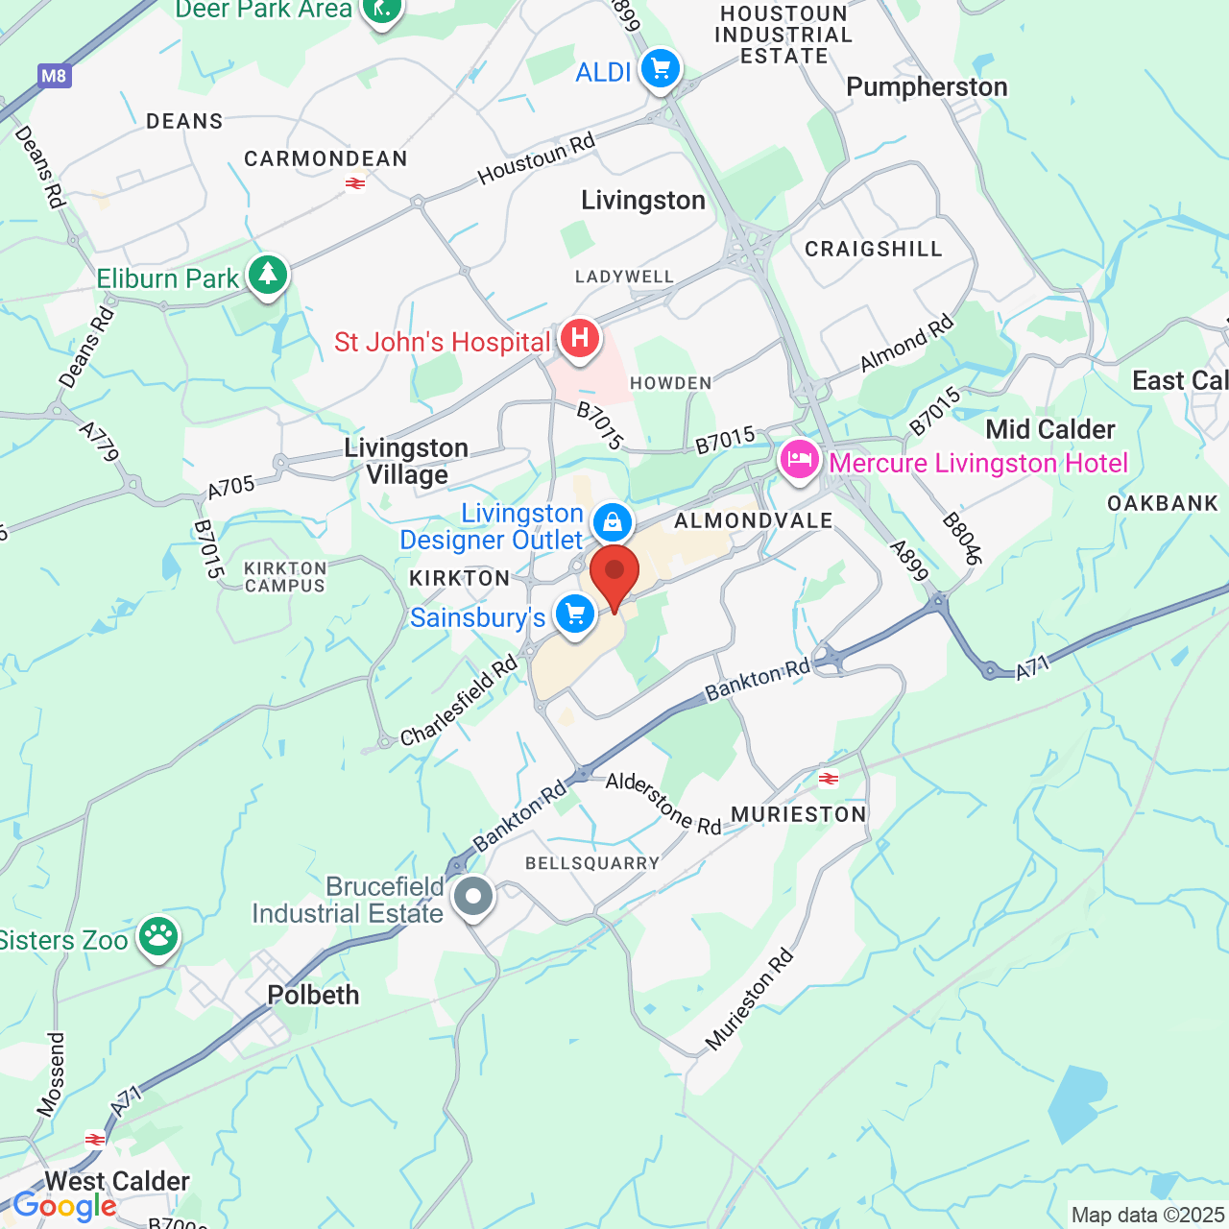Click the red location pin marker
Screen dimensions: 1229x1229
[x=614, y=573]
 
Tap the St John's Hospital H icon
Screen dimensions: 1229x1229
[x=579, y=339]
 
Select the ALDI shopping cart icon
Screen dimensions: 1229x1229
[x=660, y=69]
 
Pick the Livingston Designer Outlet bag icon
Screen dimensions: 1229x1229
[x=612, y=523]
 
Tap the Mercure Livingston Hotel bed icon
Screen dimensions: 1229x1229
[x=799, y=461]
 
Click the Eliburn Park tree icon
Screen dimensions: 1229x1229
[x=268, y=276]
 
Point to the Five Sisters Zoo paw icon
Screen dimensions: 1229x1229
[x=158, y=936]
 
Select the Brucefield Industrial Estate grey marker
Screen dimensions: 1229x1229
[x=472, y=897]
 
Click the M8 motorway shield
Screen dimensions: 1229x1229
[x=55, y=76]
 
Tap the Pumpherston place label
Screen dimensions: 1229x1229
[x=927, y=87]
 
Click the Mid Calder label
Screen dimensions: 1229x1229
[x=1050, y=429]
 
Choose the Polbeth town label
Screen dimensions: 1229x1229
[x=313, y=995]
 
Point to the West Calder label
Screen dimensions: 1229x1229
[x=117, y=1181]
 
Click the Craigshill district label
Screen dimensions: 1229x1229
[x=874, y=250]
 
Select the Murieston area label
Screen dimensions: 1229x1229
[x=799, y=815]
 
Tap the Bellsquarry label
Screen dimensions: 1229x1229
[x=592, y=863]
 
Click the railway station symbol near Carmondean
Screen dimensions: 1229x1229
[x=355, y=182]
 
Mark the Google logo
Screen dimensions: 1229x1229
[x=64, y=1207]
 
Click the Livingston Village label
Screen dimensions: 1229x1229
[x=406, y=461]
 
